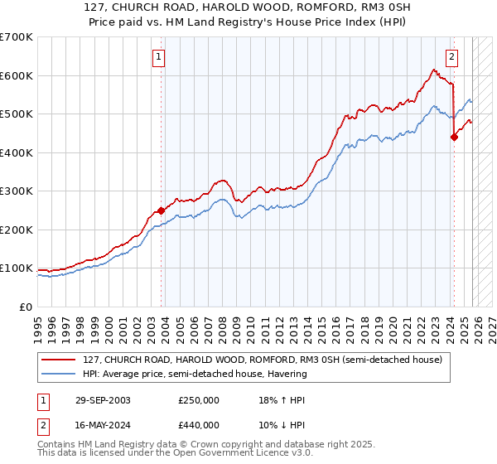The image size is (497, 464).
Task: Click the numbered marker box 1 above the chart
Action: coord(157,57)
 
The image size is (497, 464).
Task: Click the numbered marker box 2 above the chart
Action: coord(452,57)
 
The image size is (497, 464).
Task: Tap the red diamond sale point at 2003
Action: coord(161,210)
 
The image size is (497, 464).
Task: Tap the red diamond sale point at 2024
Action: coord(454,138)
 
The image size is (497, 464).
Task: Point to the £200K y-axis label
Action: coord(17,230)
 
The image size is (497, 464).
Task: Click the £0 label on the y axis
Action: coord(27,307)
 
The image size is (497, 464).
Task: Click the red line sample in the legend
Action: coord(59,360)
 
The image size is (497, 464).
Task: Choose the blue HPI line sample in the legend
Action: coord(59,374)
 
